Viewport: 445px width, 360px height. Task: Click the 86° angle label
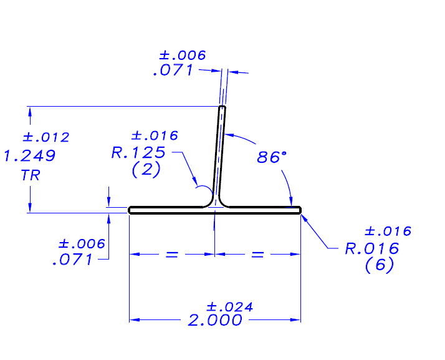click(x=272, y=157)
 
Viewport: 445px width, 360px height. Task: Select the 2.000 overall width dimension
click(x=214, y=321)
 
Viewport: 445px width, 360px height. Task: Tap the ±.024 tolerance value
click(x=229, y=306)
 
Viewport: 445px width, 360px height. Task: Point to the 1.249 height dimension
click(x=29, y=155)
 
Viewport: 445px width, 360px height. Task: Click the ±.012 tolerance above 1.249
click(x=45, y=137)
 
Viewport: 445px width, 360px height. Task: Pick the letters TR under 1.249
click(x=30, y=175)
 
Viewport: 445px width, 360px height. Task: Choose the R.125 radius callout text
click(x=138, y=152)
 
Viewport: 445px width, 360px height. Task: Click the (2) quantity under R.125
click(x=146, y=169)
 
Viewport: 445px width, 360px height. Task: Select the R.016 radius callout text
click(x=372, y=249)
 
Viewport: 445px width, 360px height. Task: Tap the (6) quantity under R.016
click(x=380, y=266)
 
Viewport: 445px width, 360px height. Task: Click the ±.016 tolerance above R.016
click(x=388, y=231)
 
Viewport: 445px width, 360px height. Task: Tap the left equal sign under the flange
click(x=172, y=255)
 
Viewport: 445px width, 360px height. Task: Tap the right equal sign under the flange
click(x=257, y=255)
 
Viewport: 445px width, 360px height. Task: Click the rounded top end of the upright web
click(x=222, y=109)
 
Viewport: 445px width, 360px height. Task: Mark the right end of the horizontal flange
click(x=299, y=210)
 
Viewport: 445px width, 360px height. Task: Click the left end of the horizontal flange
click(x=130, y=210)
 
